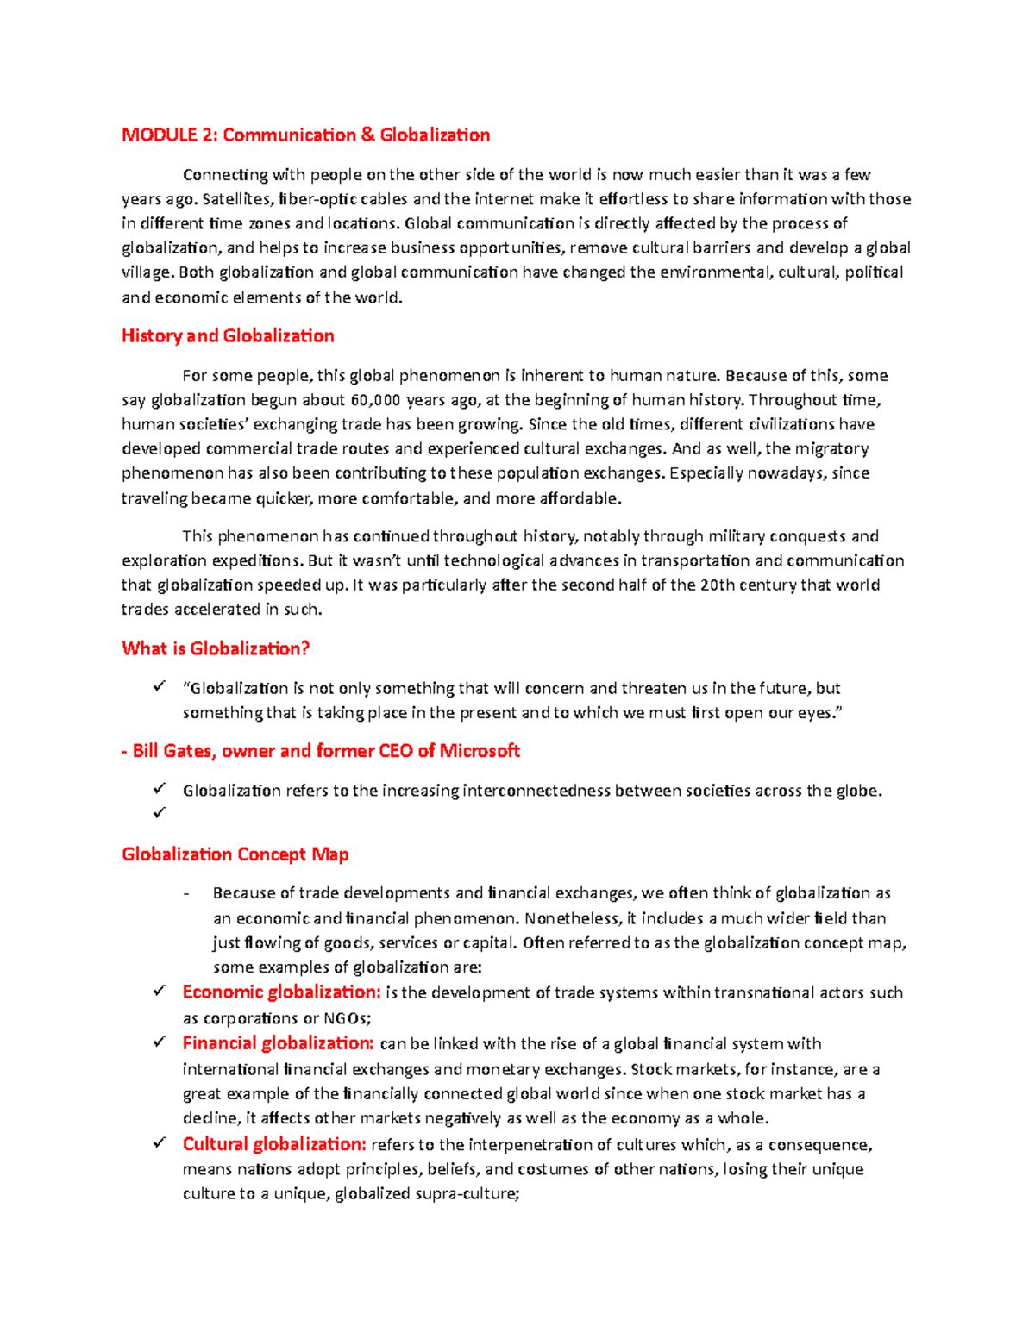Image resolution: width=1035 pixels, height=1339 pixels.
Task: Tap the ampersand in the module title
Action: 367,135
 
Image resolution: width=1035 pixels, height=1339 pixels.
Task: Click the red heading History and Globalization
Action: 228,336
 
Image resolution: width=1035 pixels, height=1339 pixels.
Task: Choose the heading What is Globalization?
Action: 216,648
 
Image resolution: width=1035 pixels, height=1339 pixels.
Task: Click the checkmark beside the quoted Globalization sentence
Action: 159,687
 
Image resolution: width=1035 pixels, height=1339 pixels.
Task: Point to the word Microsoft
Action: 480,751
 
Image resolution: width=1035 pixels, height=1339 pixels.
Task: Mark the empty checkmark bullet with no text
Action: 159,813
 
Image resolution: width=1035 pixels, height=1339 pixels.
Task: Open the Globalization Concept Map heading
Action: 235,854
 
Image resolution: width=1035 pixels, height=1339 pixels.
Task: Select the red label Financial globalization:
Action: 278,1043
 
